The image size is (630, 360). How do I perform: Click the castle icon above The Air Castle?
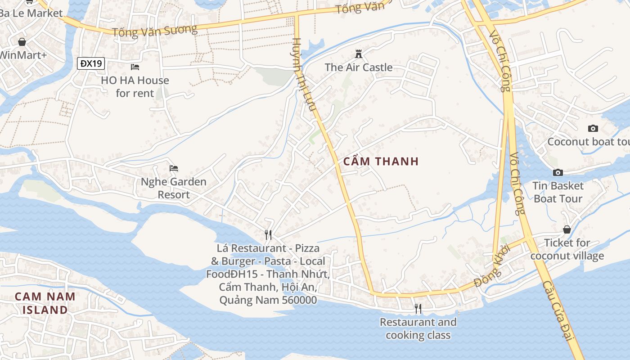359,54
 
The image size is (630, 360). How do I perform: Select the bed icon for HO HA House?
135,67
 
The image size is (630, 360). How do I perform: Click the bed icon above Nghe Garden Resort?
174,168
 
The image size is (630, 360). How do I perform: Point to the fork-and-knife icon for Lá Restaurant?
268,234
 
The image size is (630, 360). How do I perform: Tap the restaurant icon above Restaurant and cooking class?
418,308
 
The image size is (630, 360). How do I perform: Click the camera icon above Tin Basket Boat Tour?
558,172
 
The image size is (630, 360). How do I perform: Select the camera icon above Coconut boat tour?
593,128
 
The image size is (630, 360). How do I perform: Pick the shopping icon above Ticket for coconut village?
567,229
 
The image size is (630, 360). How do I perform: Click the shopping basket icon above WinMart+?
22,42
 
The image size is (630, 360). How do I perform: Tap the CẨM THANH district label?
381,161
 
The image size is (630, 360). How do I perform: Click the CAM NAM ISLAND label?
45,303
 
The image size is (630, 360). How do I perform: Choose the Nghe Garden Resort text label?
174,188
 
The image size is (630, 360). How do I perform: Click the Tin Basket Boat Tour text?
558,192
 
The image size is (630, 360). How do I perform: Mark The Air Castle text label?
359,67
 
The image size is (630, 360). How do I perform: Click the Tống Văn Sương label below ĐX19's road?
154,31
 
